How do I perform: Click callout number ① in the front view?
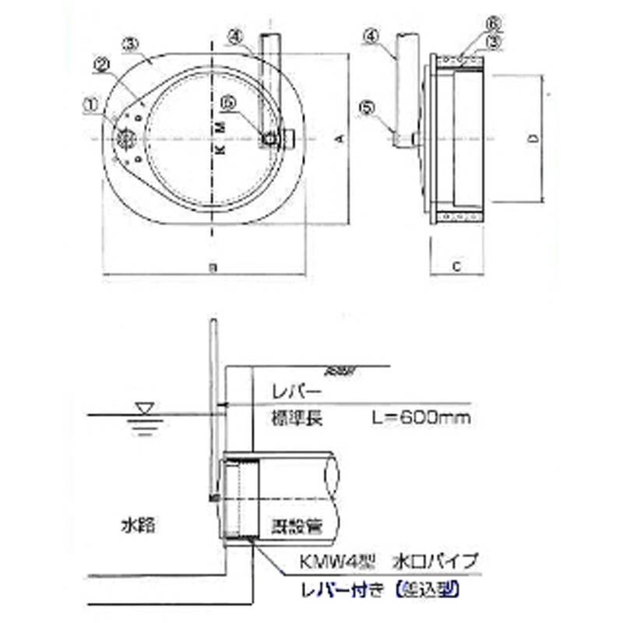[91, 101]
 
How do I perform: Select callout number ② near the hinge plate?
[102, 66]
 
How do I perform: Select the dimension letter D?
[532, 139]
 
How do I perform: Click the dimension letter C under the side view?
[458, 266]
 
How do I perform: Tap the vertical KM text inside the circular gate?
[219, 138]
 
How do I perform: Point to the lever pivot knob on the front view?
[269, 138]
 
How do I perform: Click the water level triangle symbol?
[145, 407]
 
